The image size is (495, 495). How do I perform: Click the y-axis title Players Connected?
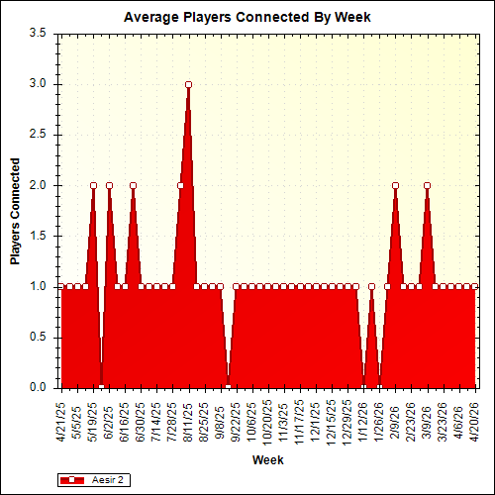point(16,210)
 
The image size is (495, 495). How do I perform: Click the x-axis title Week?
point(267,460)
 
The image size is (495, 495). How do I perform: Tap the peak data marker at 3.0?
point(188,84)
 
